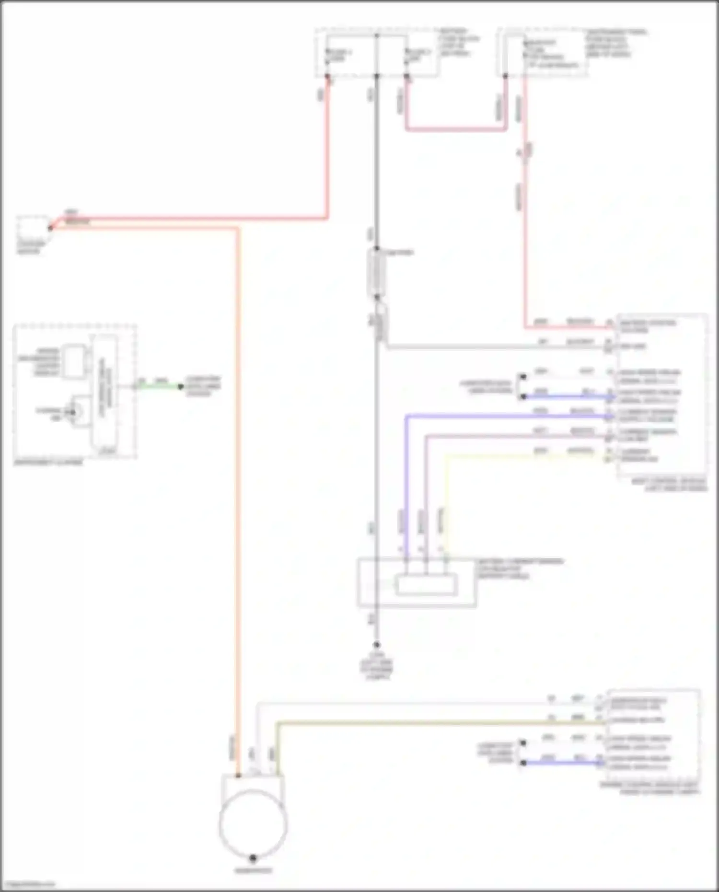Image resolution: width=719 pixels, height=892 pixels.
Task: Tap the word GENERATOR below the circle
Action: point(253,870)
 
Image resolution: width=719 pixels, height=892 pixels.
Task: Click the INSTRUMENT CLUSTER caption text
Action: point(48,463)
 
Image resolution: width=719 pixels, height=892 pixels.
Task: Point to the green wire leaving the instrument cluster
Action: point(158,386)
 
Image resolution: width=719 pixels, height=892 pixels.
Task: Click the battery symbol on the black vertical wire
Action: point(377,273)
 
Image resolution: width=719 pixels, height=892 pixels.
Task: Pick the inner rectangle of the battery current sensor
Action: point(426,585)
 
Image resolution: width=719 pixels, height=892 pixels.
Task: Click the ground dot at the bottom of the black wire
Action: point(377,645)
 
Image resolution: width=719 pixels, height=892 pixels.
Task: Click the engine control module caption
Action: point(649,788)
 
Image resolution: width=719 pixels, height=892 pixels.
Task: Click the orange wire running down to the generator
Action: point(237,479)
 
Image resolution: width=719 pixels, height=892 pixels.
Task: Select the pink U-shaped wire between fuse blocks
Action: point(455,128)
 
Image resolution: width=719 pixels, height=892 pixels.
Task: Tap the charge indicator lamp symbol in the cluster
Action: point(73,412)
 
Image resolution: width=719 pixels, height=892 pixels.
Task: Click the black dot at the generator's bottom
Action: point(253,857)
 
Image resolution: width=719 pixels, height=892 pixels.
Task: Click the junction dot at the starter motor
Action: point(50,228)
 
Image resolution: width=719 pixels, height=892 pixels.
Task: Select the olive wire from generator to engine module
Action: point(431,722)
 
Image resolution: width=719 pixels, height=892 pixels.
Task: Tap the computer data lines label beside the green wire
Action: point(203,386)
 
